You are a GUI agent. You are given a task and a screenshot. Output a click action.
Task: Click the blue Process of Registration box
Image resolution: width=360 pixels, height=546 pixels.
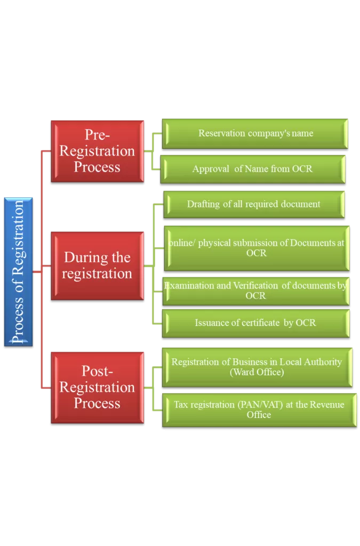[x=19, y=271]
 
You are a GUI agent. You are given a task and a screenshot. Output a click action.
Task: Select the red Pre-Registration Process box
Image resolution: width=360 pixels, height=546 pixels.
[x=97, y=151]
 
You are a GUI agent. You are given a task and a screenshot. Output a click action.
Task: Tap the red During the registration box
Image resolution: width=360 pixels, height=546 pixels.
[x=97, y=266]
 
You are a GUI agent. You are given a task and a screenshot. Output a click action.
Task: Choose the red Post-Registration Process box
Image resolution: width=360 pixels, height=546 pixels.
[x=97, y=387]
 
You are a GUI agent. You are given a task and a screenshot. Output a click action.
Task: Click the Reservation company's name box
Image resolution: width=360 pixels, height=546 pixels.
[x=255, y=133]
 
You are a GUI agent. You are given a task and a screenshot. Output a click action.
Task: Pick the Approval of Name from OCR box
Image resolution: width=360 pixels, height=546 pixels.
[x=253, y=169]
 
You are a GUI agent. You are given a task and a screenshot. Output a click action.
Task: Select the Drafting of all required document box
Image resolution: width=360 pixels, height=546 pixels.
[x=253, y=204]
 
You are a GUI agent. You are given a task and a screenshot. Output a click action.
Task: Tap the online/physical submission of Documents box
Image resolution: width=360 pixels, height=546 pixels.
[x=257, y=248]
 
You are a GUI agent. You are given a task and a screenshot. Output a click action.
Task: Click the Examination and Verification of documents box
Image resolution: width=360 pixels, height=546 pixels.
[x=255, y=291]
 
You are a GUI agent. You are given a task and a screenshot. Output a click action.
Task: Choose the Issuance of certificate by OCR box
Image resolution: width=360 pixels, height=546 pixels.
[x=255, y=323]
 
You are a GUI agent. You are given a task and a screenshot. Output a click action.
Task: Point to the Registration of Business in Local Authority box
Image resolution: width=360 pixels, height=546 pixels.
[x=257, y=367]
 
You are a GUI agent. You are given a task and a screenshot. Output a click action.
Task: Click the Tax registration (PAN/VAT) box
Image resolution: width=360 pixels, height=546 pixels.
[x=259, y=409]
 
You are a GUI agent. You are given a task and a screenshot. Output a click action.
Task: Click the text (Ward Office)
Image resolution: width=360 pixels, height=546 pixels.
[x=257, y=372]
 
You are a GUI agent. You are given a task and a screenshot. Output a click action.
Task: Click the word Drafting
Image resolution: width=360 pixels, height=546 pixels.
[x=203, y=204]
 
